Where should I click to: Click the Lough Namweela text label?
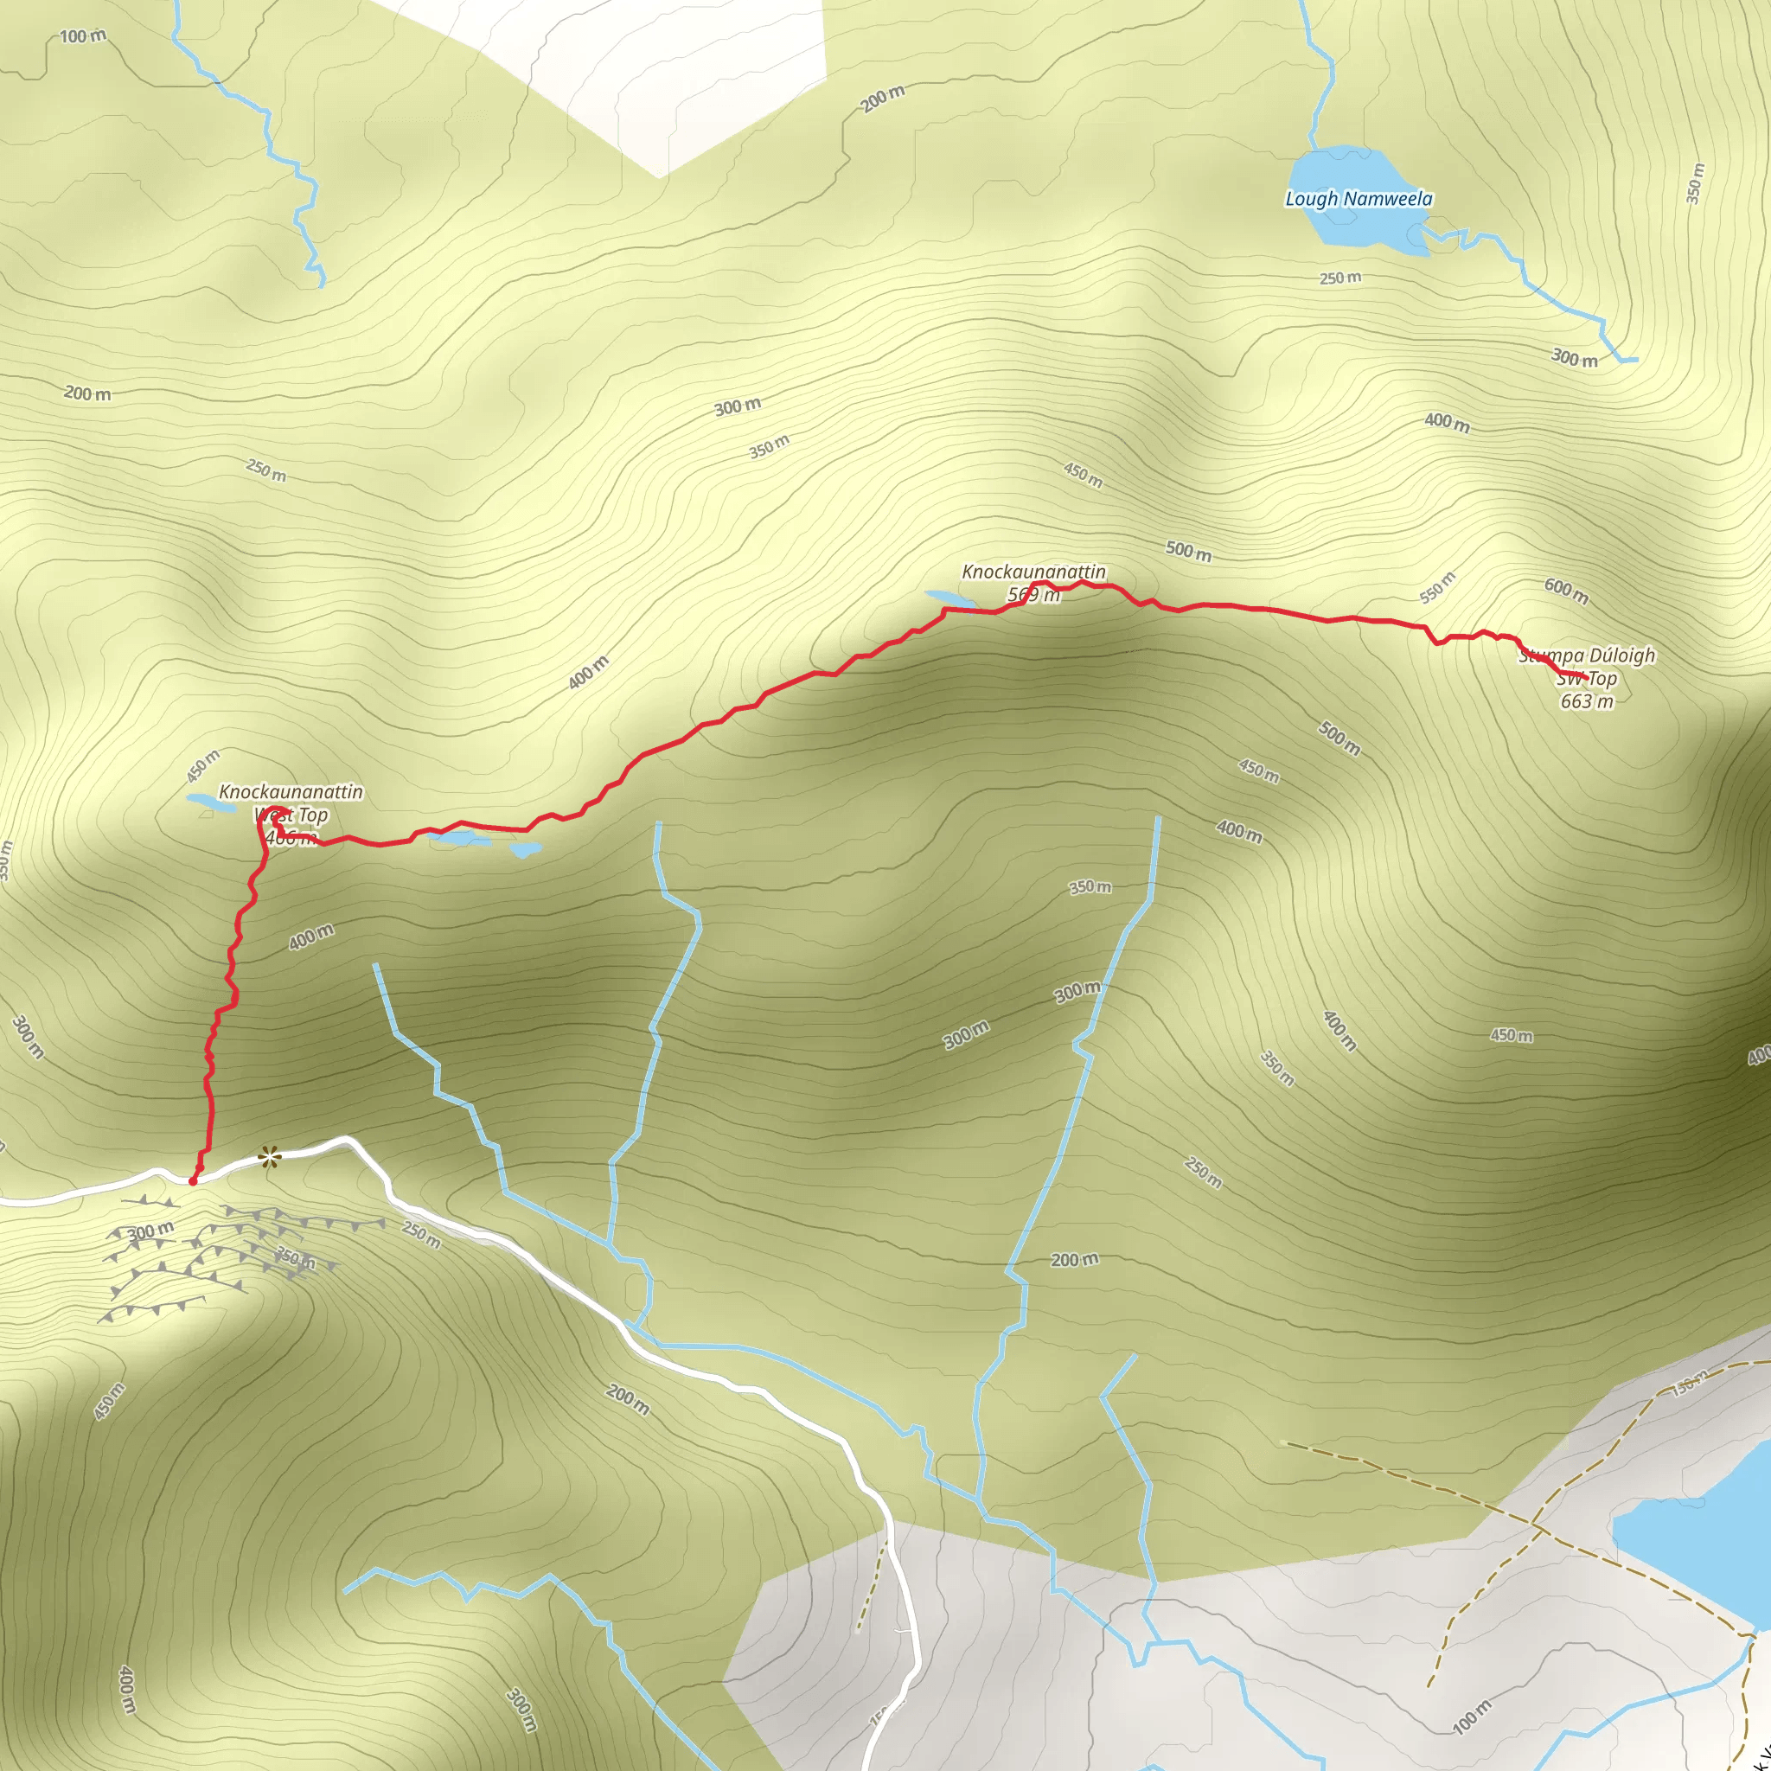click(1359, 199)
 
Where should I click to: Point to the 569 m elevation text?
click(1034, 595)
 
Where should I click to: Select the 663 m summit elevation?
click(1587, 701)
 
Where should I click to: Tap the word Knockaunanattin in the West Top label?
click(291, 791)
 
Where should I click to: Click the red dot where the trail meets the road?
click(193, 1181)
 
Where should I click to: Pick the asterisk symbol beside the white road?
click(269, 1158)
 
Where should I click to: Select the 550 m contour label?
click(1437, 587)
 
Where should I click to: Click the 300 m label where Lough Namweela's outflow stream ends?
click(1574, 358)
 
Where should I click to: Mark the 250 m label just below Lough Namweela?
click(1340, 278)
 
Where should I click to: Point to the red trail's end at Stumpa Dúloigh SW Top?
click(1585, 676)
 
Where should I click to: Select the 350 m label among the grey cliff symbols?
click(296, 1258)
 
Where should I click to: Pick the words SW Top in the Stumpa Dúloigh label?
click(1587, 678)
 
